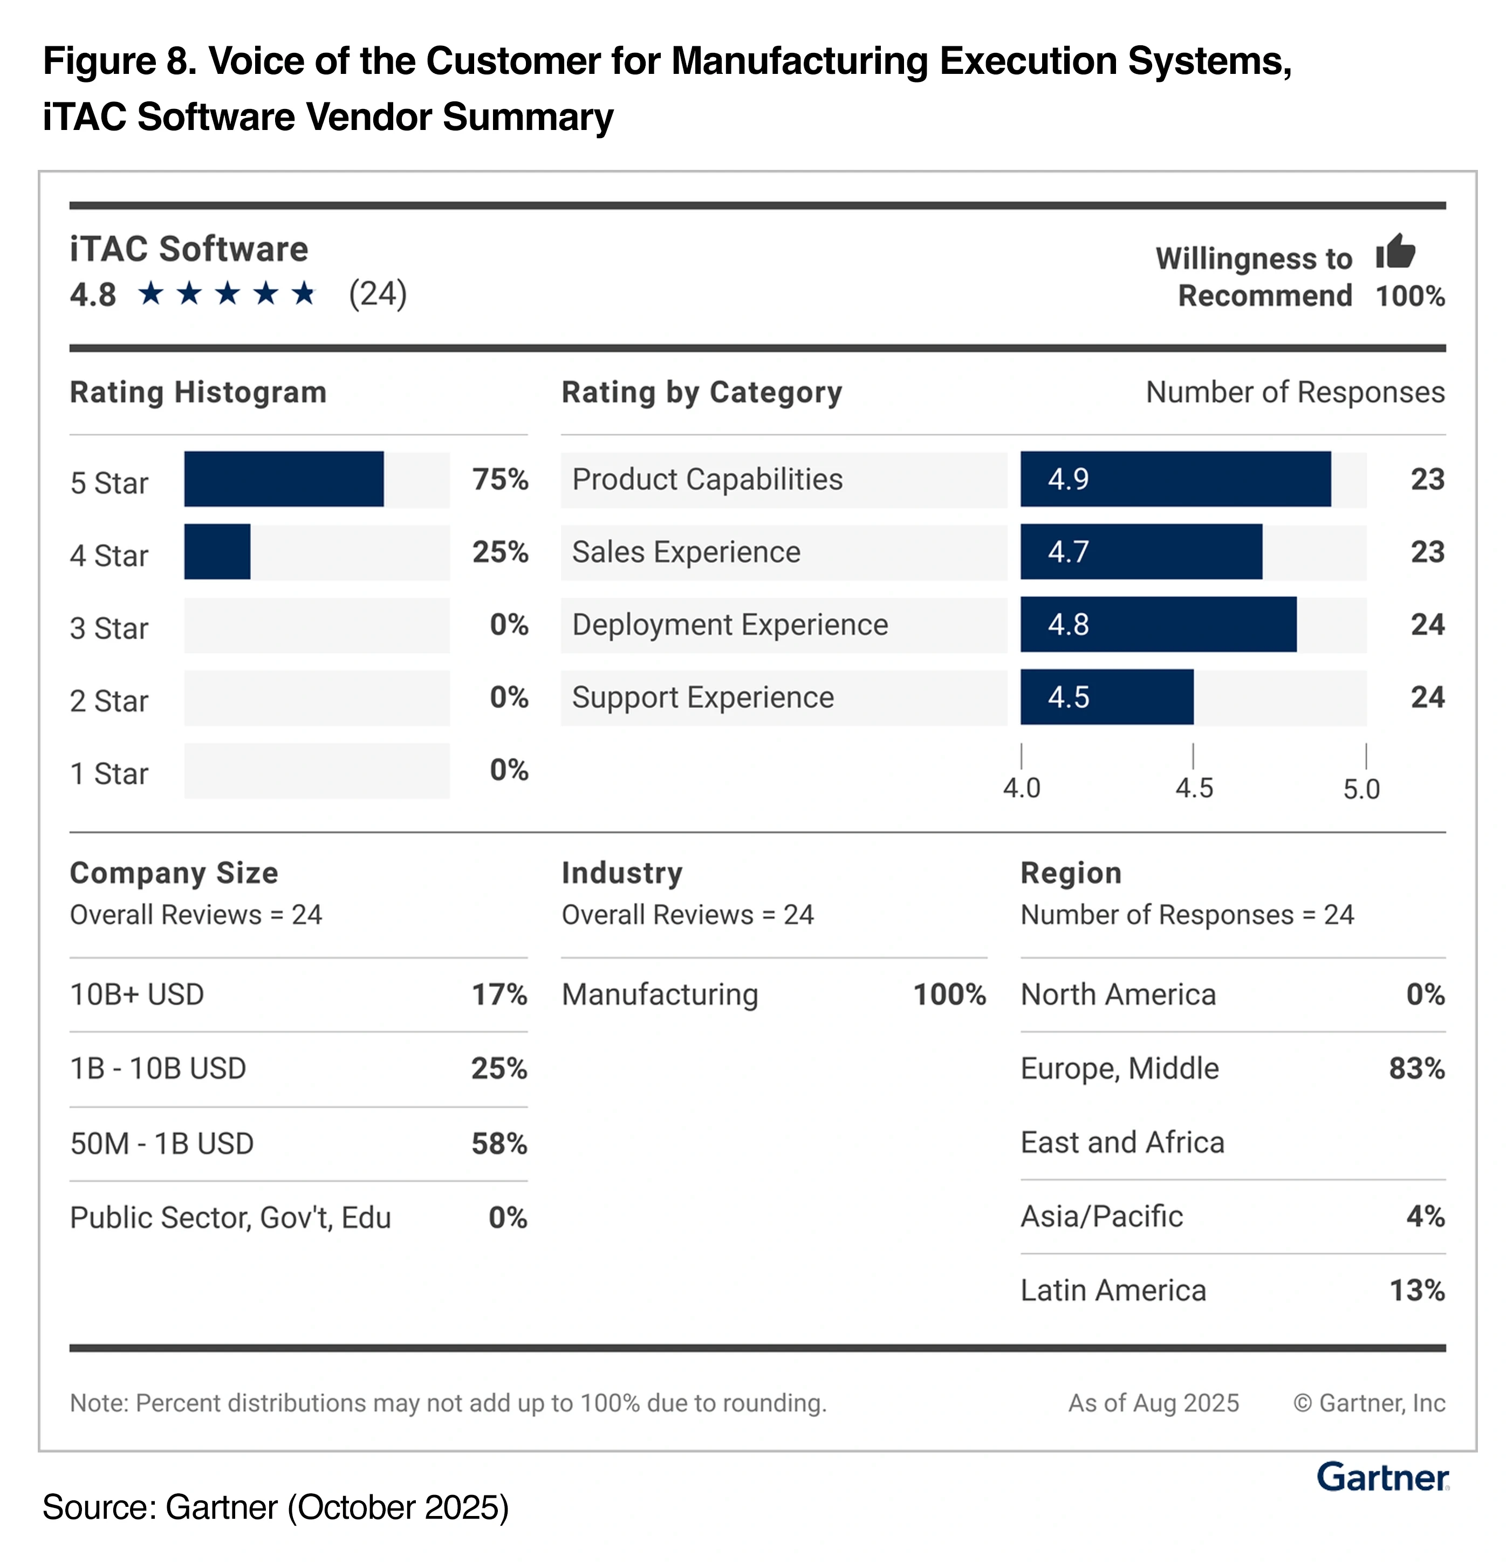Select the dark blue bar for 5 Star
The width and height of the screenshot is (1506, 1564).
click(283, 479)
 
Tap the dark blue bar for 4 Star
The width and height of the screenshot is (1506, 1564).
click(217, 551)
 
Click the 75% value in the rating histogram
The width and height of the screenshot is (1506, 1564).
click(499, 479)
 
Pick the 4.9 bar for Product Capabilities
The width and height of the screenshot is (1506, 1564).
click(1175, 479)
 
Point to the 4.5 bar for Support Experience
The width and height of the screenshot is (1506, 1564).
click(1106, 697)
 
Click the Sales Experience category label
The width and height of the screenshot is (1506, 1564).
click(686, 551)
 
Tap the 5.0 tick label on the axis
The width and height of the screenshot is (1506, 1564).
click(1361, 788)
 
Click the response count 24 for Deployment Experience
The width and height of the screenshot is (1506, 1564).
click(1427, 624)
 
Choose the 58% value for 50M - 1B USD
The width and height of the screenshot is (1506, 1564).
click(499, 1143)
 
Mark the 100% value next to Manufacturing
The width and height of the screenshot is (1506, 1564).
click(949, 994)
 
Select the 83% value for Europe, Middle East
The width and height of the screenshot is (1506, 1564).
click(1416, 1068)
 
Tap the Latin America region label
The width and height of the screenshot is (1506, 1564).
click(1113, 1290)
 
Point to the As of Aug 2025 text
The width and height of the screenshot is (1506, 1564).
click(1153, 1403)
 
